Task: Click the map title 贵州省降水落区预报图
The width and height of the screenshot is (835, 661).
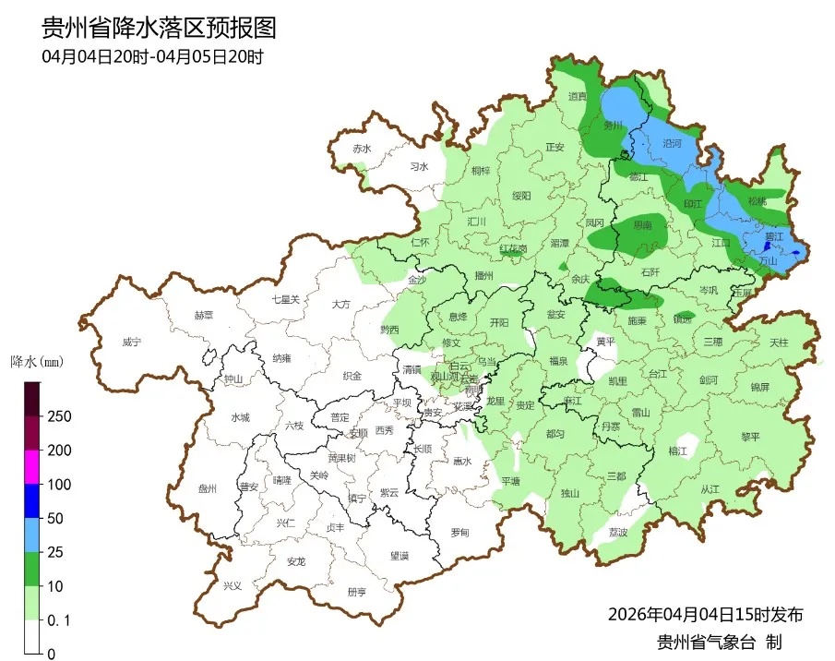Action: click(159, 28)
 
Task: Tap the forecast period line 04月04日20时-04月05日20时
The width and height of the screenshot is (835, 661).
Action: click(152, 56)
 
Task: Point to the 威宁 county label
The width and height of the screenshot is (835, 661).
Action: click(131, 342)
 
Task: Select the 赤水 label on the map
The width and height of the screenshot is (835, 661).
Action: click(361, 149)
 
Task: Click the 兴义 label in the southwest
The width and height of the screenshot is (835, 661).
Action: click(233, 585)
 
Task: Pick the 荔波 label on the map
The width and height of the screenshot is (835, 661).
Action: click(617, 533)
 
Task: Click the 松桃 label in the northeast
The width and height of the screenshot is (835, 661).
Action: click(757, 200)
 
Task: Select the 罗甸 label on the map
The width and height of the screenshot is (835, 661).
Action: click(459, 533)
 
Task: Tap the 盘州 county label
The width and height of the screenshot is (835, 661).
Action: click(207, 489)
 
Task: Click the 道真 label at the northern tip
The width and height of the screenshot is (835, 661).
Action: click(578, 96)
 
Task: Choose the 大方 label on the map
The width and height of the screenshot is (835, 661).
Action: click(340, 304)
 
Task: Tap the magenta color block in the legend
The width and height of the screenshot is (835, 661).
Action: click(32, 467)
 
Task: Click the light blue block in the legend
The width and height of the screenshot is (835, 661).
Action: click(32, 535)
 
